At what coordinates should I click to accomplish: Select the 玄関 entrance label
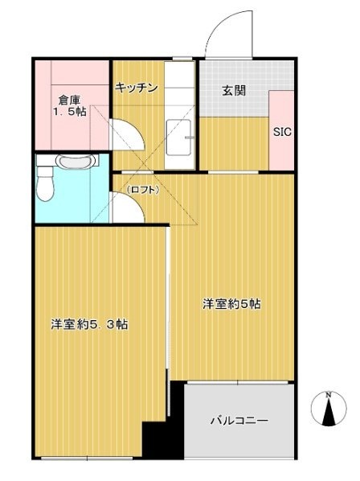tap(235, 90)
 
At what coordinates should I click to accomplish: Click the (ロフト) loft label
tap(142, 191)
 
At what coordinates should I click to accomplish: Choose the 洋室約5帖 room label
tap(231, 304)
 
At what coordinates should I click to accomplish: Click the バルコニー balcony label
tap(239, 420)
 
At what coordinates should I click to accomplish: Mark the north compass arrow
tap(329, 414)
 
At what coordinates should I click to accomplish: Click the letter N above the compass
tap(329, 394)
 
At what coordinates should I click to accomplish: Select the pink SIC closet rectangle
tap(281, 130)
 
